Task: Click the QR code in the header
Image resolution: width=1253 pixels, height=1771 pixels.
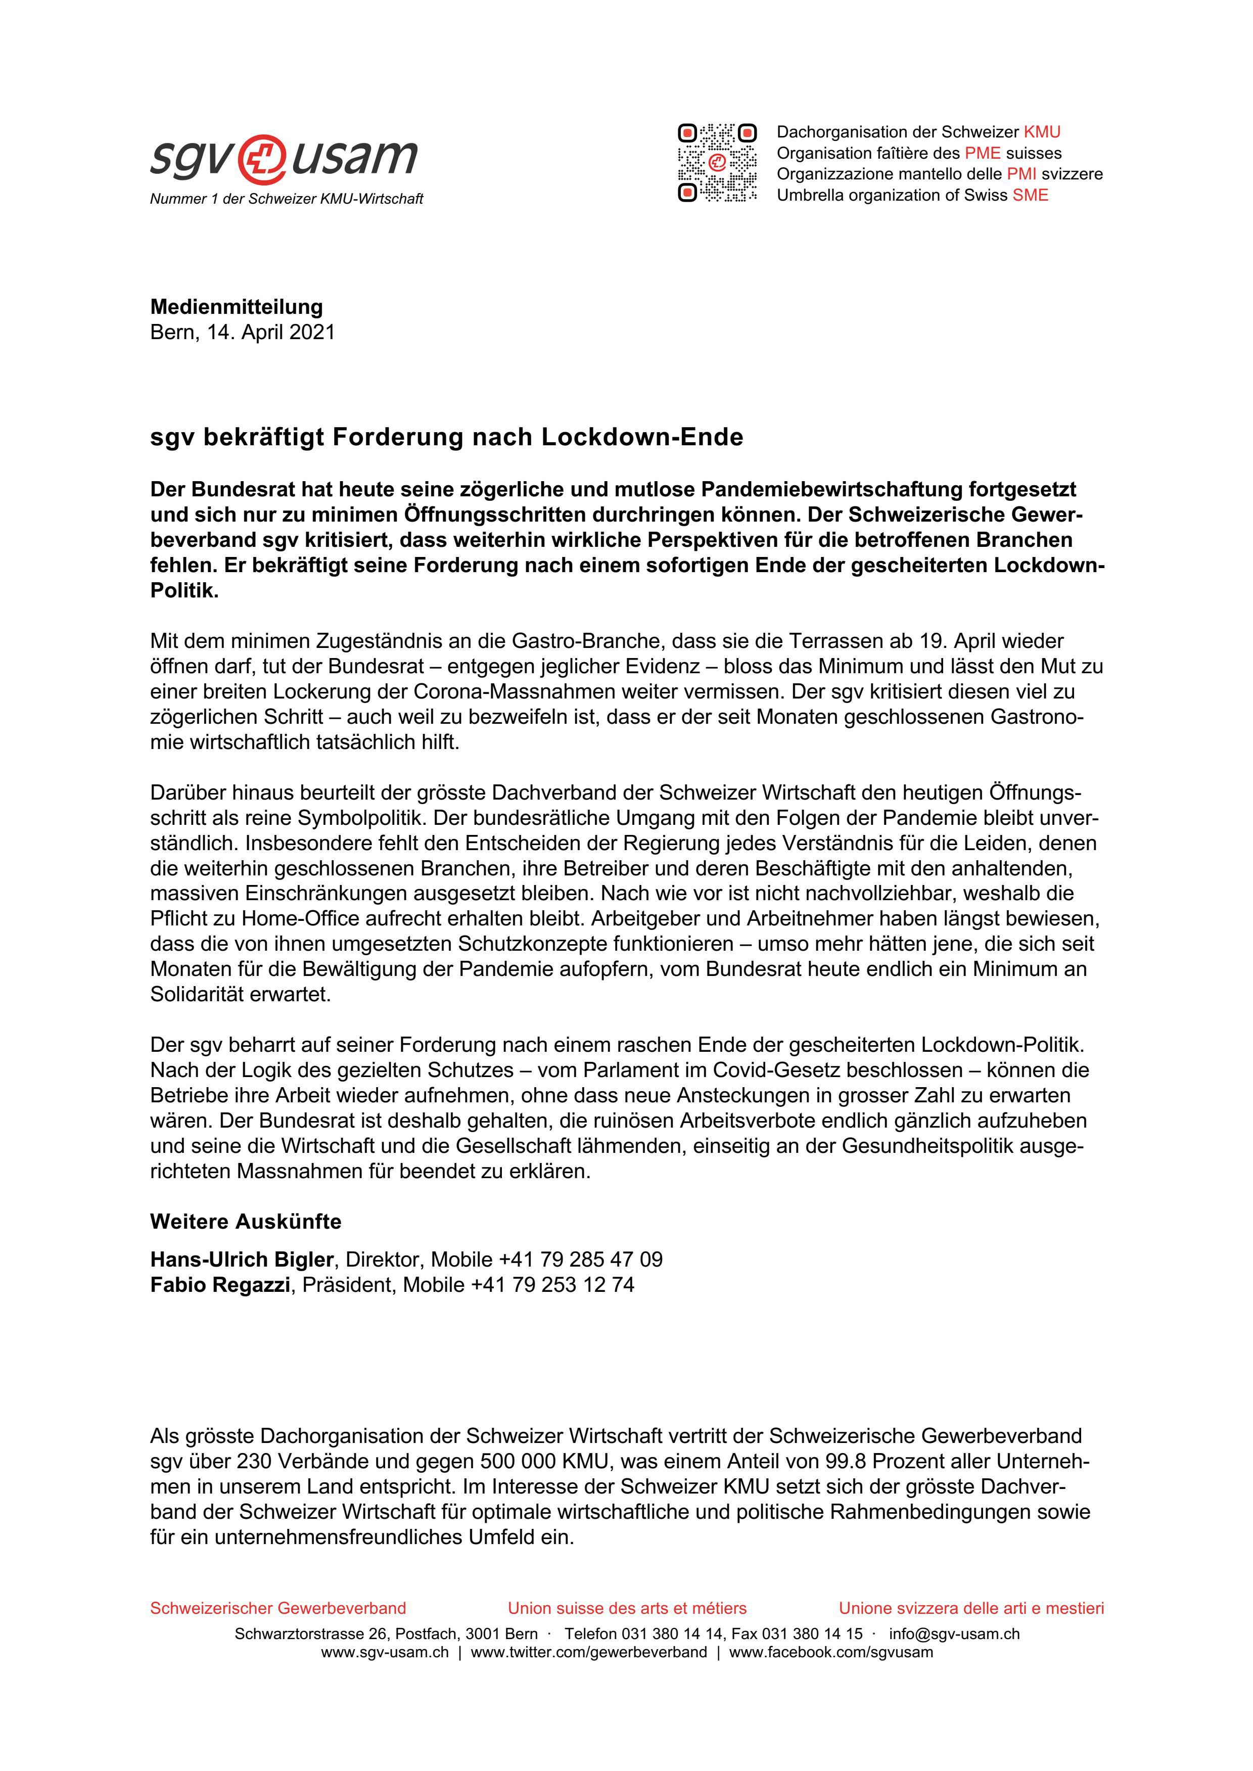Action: [717, 163]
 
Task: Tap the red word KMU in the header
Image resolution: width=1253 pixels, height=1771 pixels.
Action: [1042, 132]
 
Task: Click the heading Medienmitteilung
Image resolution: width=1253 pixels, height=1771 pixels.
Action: [236, 307]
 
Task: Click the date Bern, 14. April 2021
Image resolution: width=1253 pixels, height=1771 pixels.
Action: [242, 333]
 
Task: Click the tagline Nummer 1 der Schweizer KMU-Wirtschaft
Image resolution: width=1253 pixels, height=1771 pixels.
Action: [286, 199]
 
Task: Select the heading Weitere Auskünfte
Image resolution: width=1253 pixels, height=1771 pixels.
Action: [245, 1222]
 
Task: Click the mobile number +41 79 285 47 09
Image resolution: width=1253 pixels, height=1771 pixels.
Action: [580, 1260]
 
